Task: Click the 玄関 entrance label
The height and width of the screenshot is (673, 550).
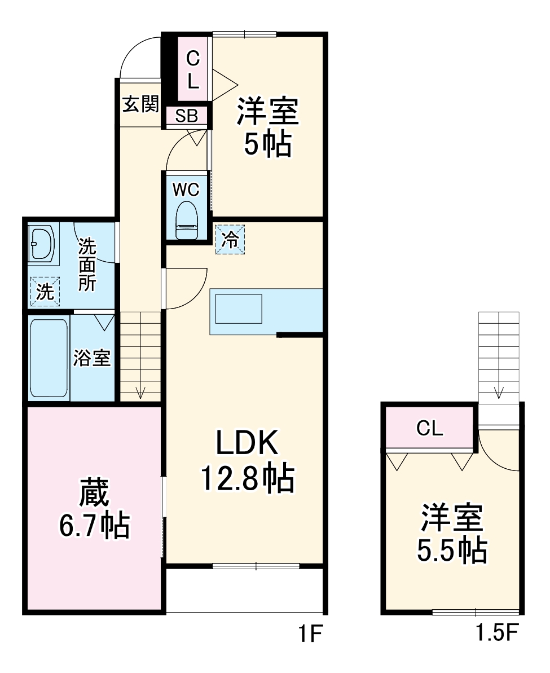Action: (141, 104)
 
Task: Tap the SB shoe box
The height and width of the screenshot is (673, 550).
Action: (186, 116)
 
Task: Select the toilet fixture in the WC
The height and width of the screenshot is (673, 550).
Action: (187, 221)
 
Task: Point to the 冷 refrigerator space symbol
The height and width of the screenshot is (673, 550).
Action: (230, 239)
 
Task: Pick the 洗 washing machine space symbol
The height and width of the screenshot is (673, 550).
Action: (45, 292)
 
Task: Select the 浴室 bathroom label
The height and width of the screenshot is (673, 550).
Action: (92, 358)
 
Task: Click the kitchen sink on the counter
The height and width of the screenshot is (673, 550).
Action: (239, 309)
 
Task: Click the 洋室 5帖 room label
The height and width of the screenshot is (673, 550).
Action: (267, 127)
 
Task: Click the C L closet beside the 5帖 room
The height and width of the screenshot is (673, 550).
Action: (193, 69)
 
